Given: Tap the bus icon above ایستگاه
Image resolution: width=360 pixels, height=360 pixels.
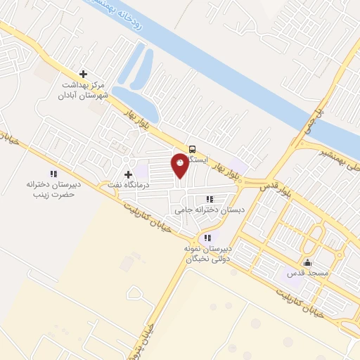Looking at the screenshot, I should click(192, 148).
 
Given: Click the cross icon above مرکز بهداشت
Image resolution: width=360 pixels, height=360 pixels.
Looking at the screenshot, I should click(84, 74).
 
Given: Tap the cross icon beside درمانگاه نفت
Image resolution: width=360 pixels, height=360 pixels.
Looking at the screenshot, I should click(128, 174).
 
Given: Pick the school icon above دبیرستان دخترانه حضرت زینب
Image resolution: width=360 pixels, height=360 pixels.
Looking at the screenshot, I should click(52, 174).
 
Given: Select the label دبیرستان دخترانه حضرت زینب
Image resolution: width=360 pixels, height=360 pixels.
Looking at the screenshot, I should click(51, 188).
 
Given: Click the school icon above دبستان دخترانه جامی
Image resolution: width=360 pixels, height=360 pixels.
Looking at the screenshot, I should click(210, 199).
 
